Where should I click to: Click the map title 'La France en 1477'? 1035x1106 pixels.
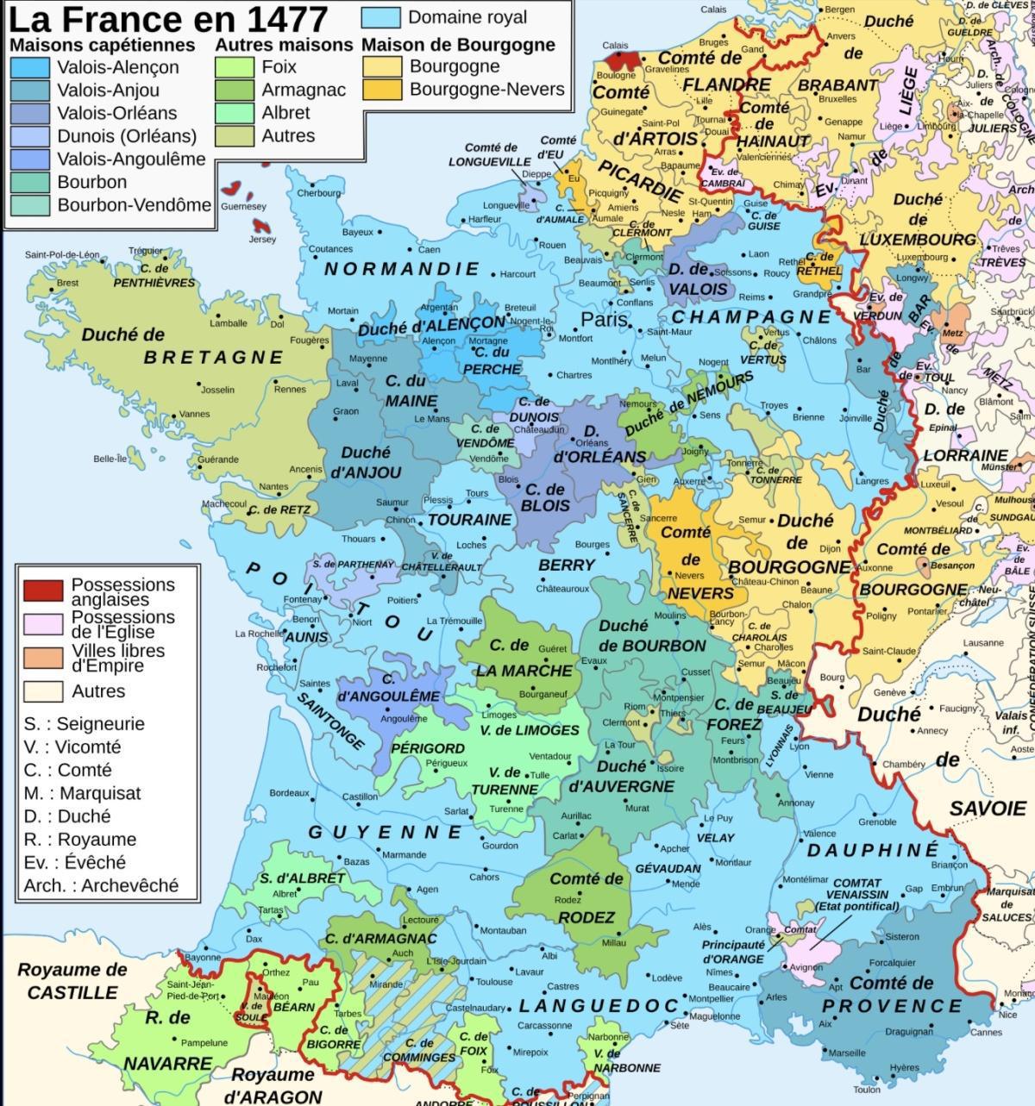(x=168, y=19)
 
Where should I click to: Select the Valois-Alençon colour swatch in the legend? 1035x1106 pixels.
(x=31, y=67)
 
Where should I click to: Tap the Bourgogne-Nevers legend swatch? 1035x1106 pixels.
(x=382, y=90)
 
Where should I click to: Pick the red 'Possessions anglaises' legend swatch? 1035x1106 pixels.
(x=42, y=590)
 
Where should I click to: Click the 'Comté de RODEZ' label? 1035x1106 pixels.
(x=586, y=897)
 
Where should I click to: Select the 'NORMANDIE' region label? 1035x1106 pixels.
(x=401, y=269)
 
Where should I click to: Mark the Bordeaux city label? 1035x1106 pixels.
(x=289, y=792)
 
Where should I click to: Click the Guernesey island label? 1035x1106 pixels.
(x=243, y=207)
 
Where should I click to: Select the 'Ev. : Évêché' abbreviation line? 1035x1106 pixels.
(x=74, y=862)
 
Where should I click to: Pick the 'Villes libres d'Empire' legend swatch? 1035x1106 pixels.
(x=42, y=658)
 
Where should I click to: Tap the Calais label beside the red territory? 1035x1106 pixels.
(x=615, y=46)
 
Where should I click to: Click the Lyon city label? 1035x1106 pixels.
(x=800, y=747)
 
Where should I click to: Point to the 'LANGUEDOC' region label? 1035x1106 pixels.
(x=599, y=1006)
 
